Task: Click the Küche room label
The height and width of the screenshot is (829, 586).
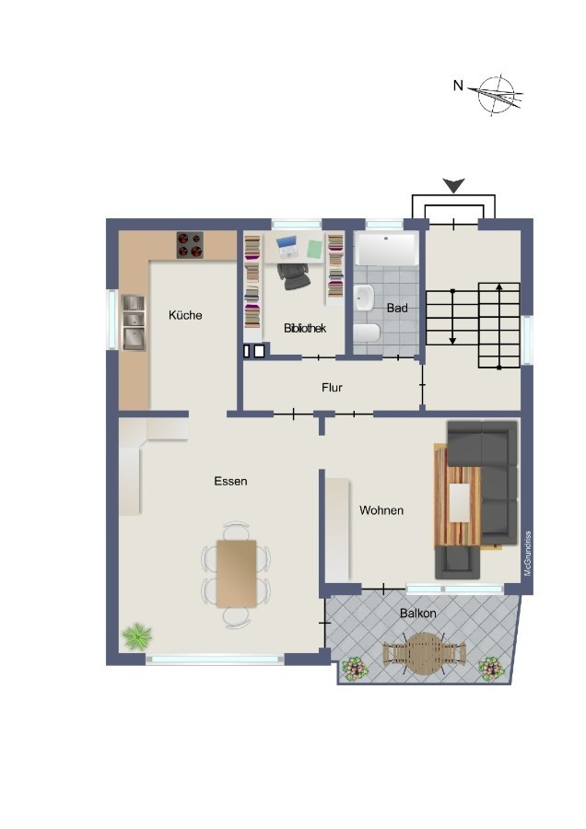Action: click(x=185, y=315)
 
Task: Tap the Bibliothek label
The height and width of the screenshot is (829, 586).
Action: click(x=305, y=328)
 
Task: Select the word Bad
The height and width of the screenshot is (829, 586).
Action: click(x=397, y=308)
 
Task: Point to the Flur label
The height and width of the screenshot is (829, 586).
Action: click(x=332, y=388)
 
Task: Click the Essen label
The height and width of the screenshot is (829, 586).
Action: click(x=230, y=481)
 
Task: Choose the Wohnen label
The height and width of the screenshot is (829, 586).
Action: click(x=381, y=510)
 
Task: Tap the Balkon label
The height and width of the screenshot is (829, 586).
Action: click(x=418, y=613)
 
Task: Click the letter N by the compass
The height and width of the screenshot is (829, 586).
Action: click(x=458, y=85)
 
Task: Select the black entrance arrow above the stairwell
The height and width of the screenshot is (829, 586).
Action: click(x=453, y=185)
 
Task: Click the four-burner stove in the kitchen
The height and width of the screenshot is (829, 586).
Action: click(x=190, y=245)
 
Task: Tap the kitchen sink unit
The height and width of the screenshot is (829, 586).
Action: click(x=134, y=322)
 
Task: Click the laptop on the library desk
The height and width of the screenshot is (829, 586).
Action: click(x=287, y=247)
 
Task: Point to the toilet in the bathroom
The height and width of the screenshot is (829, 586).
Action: click(x=367, y=333)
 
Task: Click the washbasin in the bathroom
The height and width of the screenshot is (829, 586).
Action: click(x=364, y=298)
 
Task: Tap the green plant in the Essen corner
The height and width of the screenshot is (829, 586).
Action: click(x=137, y=636)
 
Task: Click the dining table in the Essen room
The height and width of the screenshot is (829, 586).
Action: click(x=237, y=573)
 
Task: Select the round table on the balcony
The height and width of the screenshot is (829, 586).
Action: click(x=424, y=653)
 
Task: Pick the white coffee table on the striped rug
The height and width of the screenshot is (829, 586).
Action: click(x=459, y=503)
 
